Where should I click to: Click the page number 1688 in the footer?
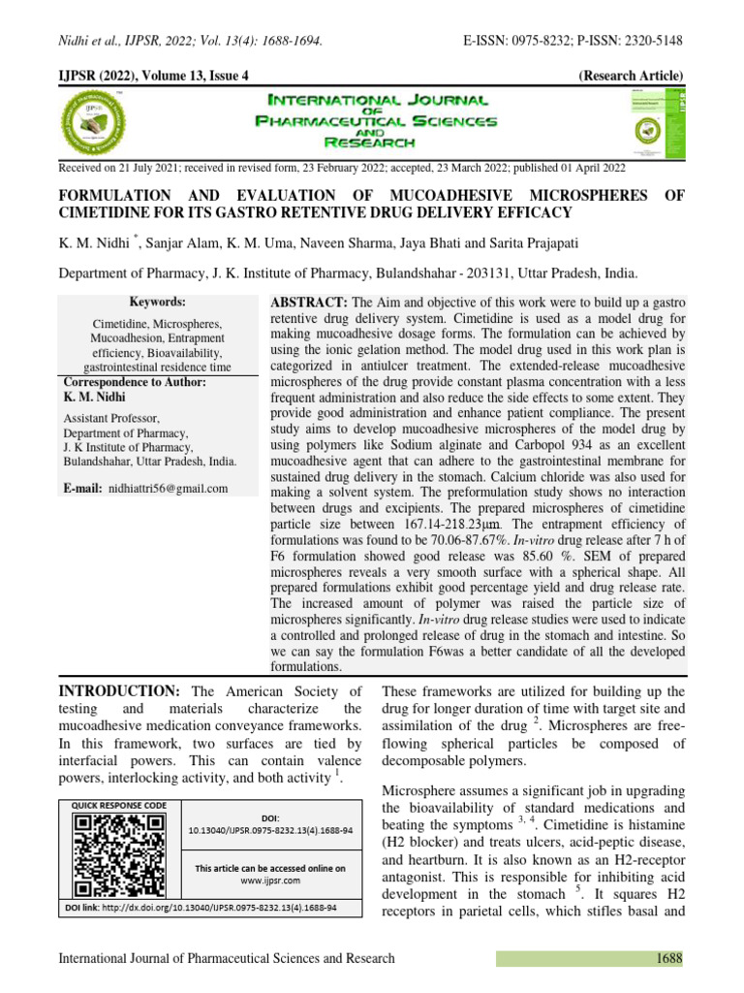(x=666, y=958)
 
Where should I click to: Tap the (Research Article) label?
(x=631, y=76)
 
